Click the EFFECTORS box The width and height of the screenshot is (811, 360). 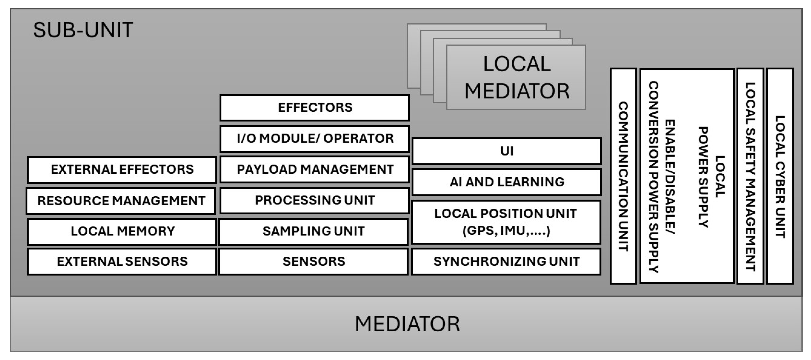pyautogui.click(x=315, y=108)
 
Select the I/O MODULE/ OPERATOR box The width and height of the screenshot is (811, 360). pyautogui.click(x=315, y=139)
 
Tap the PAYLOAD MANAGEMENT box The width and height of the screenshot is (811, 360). pyautogui.click(x=315, y=169)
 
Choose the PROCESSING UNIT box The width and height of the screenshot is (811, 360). pyautogui.click(x=315, y=200)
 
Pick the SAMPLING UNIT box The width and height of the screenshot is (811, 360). pyautogui.click(x=314, y=231)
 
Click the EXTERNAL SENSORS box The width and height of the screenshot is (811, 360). pyautogui.click(x=122, y=261)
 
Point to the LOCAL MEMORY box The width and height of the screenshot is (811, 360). pyautogui.click(x=122, y=231)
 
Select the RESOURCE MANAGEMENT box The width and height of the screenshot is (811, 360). pyautogui.click(x=121, y=201)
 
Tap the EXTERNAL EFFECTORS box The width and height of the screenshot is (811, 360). pyautogui.click(x=122, y=169)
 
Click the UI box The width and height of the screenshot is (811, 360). pyautogui.click(x=506, y=151)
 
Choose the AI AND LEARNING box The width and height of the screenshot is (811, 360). pyautogui.click(x=506, y=182)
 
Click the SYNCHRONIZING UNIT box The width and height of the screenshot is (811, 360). pyautogui.click(x=506, y=261)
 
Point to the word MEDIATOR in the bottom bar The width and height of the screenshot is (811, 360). pyautogui.click(x=407, y=324)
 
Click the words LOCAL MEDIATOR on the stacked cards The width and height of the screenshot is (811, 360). pyautogui.click(x=517, y=77)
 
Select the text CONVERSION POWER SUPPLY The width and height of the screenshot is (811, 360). pyautogui.click(x=653, y=176)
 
